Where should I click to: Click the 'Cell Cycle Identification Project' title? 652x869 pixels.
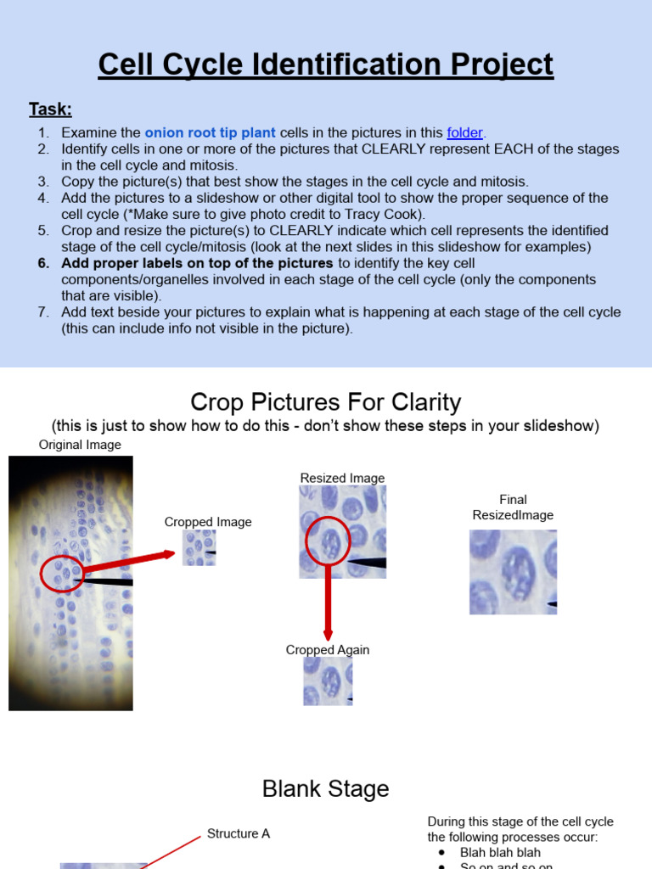tap(326, 64)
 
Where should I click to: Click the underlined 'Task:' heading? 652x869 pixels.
tap(50, 109)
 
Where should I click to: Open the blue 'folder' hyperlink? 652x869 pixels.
tap(464, 132)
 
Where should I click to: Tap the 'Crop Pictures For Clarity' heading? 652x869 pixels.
tap(326, 401)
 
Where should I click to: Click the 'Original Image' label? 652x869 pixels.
tap(80, 445)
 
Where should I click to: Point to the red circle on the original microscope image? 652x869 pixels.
tap(61, 575)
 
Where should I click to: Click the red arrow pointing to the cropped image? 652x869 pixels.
tap(127, 563)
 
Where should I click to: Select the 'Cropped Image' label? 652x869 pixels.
tap(208, 522)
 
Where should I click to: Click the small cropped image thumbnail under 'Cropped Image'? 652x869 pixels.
tap(200, 548)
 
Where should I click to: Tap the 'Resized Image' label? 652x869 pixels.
tap(342, 478)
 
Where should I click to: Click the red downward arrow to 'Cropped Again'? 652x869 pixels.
tap(328, 603)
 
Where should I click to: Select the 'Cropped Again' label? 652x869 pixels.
tap(328, 650)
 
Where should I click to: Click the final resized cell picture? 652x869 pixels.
tap(513, 572)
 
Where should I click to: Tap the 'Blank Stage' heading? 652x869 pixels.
tap(326, 788)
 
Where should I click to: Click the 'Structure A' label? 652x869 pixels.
tap(239, 833)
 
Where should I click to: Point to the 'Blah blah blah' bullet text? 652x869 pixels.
tap(500, 852)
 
